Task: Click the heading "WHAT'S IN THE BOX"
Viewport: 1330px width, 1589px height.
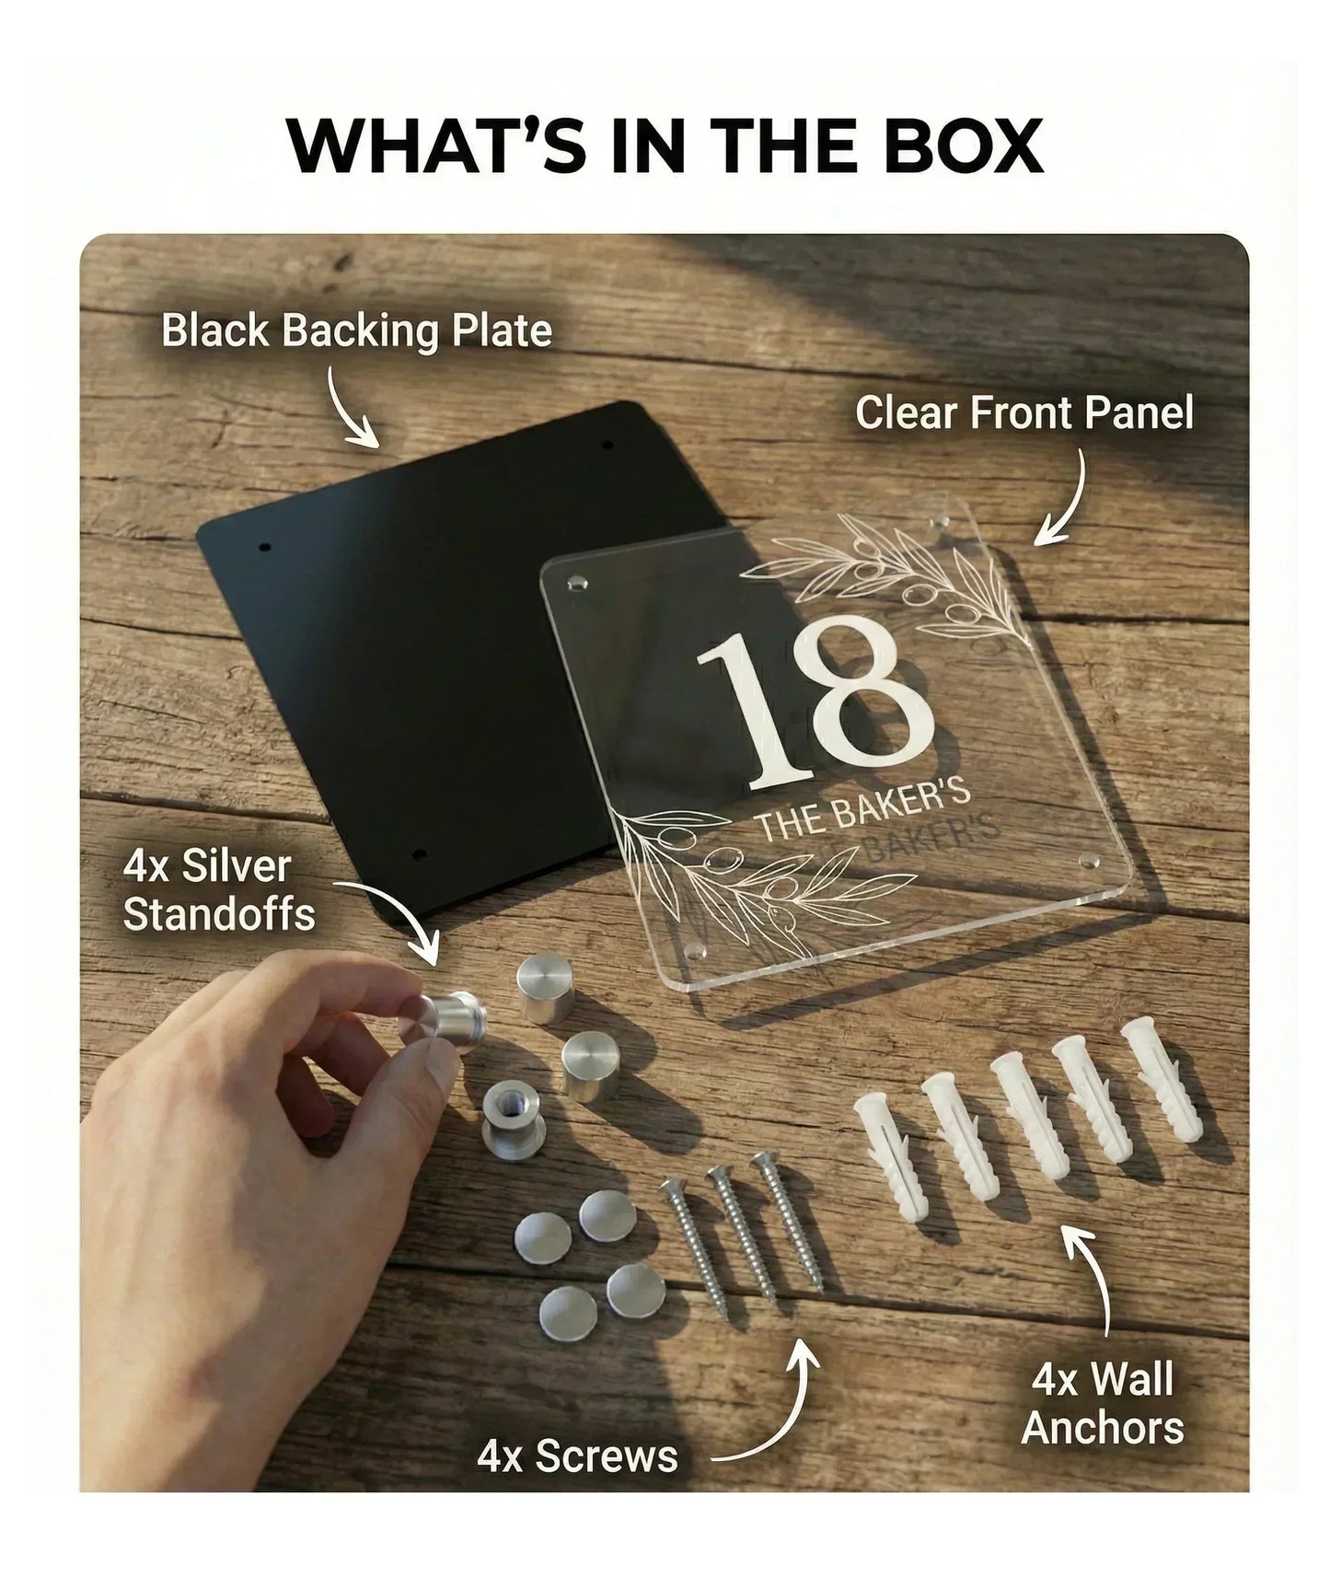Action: [x=665, y=145]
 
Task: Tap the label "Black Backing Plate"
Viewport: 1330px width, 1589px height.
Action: [x=356, y=331]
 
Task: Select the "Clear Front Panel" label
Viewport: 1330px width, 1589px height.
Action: [x=1024, y=412]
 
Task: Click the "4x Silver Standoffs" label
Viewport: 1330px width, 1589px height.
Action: [x=219, y=890]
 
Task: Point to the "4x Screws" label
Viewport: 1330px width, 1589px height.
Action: [x=577, y=1456]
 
